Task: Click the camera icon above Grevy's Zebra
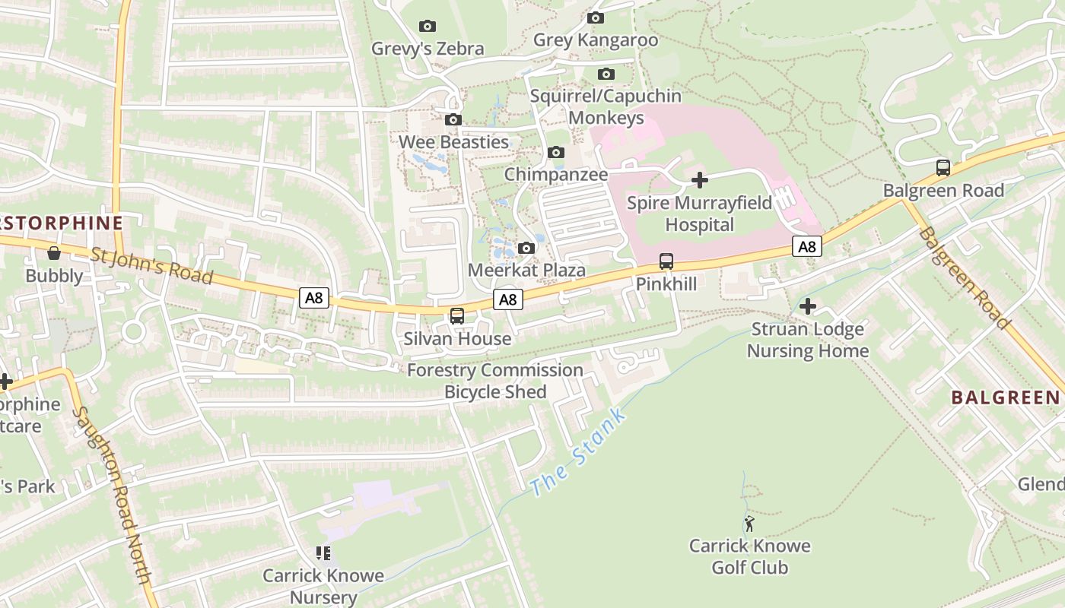point(428,27)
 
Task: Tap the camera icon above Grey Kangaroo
point(596,18)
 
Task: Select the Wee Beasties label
point(453,142)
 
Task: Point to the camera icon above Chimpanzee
point(556,153)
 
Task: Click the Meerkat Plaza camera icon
point(526,249)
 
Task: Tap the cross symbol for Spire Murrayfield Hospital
point(699,180)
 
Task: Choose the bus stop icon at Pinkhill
point(666,261)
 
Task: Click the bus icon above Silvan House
point(457,316)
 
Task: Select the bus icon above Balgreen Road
point(943,168)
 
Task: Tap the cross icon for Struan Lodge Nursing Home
point(808,306)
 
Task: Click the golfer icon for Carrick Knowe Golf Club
point(749,524)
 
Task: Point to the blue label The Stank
point(579,452)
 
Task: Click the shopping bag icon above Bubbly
point(54,253)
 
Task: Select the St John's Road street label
point(151,265)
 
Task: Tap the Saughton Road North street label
point(112,495)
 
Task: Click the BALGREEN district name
point(1005,397)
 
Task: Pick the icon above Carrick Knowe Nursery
point(323,553)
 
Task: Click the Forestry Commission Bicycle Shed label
point(495,381)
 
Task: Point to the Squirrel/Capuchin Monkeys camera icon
point(606,74)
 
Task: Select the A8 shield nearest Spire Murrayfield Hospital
point(807,246)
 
